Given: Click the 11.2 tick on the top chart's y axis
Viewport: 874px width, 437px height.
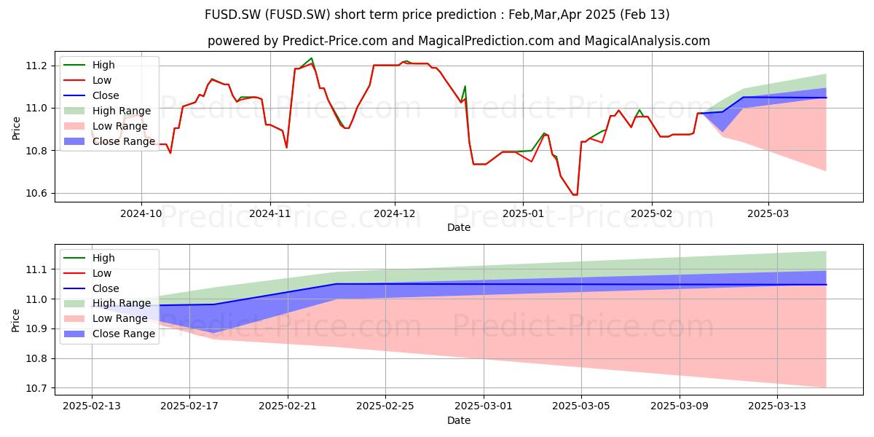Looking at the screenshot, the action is point(36,66).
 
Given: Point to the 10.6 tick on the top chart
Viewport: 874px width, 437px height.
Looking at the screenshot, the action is point(36,194).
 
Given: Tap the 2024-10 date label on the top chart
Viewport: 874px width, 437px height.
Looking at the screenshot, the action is point(141,213).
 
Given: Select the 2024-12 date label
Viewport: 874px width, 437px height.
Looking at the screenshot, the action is point(395,213).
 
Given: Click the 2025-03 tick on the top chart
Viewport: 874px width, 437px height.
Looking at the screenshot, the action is point(768,213).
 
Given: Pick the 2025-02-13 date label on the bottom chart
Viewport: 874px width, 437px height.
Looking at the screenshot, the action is point(92,406).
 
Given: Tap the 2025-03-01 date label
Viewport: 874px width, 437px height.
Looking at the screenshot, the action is point(484,406).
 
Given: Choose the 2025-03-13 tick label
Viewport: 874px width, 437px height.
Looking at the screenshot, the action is point(777,406).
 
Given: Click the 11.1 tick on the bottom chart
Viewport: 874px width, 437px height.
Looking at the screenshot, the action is point(36,269).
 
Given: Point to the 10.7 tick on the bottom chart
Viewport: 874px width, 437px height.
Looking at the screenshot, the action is point(36,388).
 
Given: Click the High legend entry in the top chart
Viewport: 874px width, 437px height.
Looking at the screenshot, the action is point(89,65).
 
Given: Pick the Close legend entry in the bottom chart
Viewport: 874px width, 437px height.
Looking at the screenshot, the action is point(91,288).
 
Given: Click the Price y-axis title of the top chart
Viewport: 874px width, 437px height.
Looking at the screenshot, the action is point(16,128).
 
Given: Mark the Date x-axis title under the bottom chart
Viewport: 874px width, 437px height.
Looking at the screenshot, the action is point(459,420).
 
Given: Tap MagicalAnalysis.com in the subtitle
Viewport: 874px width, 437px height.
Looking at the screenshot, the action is point(647,41).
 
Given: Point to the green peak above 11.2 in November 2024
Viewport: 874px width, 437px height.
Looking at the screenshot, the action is point(312,58).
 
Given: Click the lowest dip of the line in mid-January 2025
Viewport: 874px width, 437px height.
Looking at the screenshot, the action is point(575,194).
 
